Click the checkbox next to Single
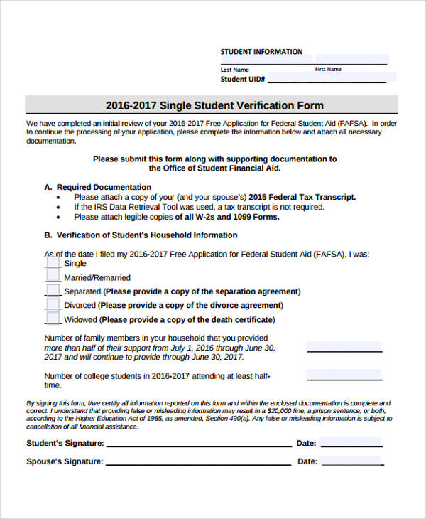53,262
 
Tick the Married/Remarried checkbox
53,277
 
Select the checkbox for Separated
53,291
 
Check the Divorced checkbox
53,304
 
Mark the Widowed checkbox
53,319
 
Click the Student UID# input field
327,79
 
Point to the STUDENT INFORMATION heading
261,52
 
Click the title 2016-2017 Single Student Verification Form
214,105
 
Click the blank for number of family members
344,347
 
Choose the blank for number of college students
344,375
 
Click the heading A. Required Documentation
97,187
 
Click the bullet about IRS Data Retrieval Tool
199,207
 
